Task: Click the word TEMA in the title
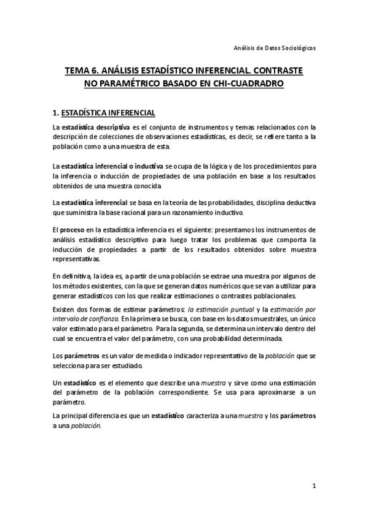78,71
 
